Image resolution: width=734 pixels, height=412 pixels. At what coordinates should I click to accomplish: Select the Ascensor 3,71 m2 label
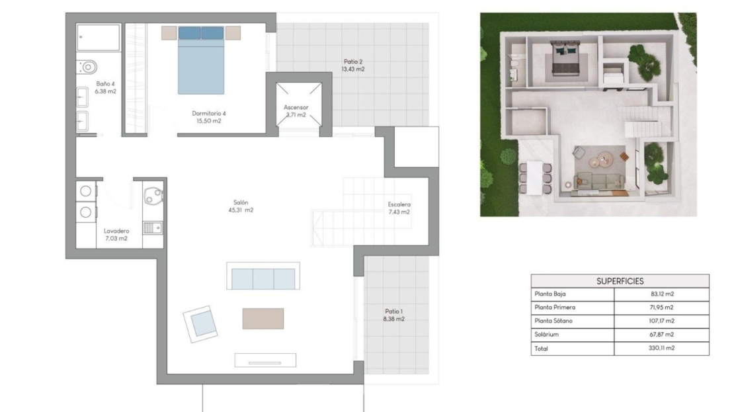click(296, 111)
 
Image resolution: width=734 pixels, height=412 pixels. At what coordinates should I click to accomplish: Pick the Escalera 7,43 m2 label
click(399, 208)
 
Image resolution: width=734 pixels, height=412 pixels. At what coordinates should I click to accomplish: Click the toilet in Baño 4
click(87, 67)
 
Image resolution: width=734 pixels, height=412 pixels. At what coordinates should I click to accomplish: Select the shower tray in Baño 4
click(99, 38)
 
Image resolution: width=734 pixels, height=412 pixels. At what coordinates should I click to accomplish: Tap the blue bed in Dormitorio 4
click(201, 60)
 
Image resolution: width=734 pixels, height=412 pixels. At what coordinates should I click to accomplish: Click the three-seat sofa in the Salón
click(263, 276)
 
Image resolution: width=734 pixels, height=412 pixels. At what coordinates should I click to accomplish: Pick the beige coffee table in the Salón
click(263, 318)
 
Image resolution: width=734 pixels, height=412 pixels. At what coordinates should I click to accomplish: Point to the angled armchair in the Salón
click(201, 323)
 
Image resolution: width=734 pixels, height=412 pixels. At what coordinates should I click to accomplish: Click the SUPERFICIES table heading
click(620, 281)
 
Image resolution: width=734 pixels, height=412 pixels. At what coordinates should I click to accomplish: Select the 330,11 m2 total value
click(661, 349)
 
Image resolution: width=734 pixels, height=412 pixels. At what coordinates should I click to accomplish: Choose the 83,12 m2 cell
click(662, 294)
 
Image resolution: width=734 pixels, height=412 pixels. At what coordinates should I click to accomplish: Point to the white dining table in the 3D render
click(534, 178)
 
